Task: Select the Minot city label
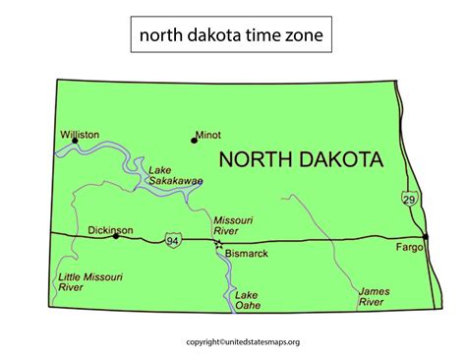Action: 207,135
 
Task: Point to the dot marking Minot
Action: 193,139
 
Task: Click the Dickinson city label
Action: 110,228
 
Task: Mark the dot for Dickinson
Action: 116,236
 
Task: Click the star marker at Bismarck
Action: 217,242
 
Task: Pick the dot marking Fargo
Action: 425,237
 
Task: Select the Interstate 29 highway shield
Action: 408,199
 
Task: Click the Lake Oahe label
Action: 246,301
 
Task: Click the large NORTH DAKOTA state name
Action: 301,159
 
